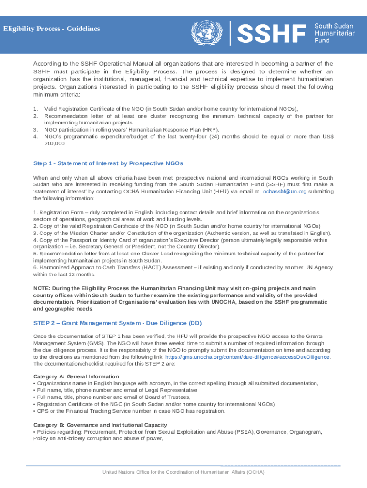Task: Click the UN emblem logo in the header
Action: [x=203, y=33]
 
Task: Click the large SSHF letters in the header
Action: [x=271, y=34]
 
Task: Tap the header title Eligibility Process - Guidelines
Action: [x=51, y=29]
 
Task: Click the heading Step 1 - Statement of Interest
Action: [x=108, y=163]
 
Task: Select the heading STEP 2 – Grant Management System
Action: [x=114, y=323]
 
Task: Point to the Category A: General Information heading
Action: [x=76, y=376]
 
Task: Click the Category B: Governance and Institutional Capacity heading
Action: [x=100, y=425]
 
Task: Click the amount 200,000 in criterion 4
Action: [x=54, y=143]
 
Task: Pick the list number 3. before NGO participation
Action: [x=35, y=129]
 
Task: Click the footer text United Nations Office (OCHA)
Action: [x=183, y=472]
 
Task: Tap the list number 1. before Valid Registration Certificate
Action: [x=35, y=109]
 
